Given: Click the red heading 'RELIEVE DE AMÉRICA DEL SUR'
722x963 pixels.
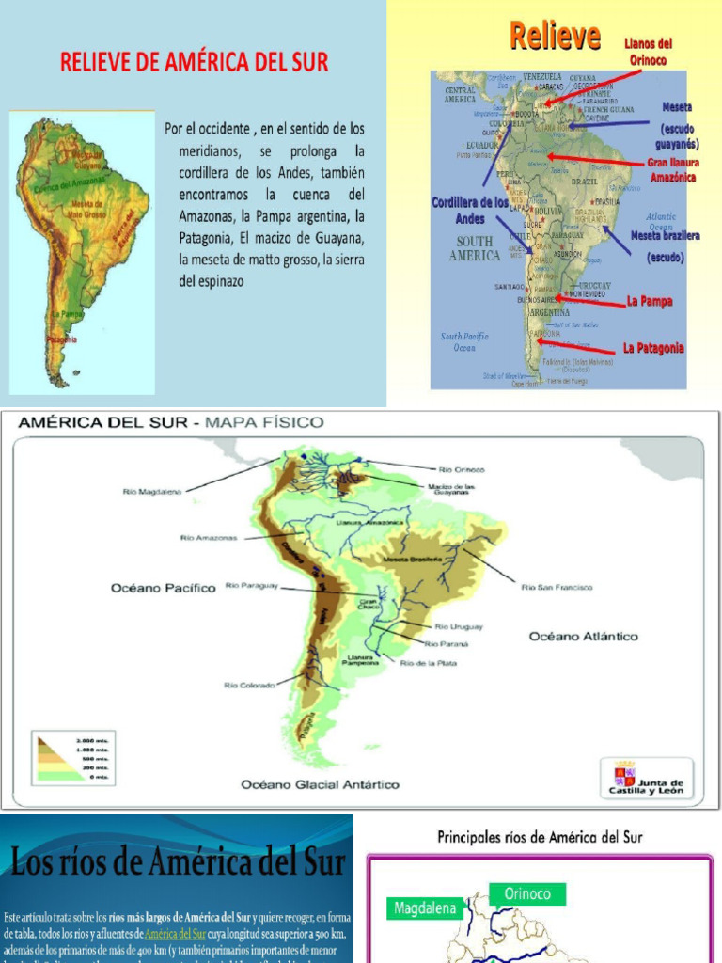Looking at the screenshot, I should [x=195, y=63].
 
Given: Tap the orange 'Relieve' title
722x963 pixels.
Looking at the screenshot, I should [x=555, y=38].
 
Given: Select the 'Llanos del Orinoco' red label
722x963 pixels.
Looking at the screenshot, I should [x=648, y=52].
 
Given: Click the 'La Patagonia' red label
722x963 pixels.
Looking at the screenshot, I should [x=652, y=349].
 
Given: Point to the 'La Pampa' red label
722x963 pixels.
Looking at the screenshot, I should [x=650, y=302].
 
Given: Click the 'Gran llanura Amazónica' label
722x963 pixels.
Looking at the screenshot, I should [x=672, y=169].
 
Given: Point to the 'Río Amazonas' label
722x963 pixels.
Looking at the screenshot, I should [x=209, y=538].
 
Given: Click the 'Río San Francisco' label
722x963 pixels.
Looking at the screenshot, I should [x=557, y=587].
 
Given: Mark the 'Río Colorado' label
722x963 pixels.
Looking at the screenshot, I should [x=249, y=685].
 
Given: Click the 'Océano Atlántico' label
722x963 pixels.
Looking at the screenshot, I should [x=583, y=637].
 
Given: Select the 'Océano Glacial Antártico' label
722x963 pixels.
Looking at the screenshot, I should [x=320, y=784].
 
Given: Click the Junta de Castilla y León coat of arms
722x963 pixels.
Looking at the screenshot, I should [x=624, y=775].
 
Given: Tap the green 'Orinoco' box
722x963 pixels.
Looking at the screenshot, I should [x=527, y=893].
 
